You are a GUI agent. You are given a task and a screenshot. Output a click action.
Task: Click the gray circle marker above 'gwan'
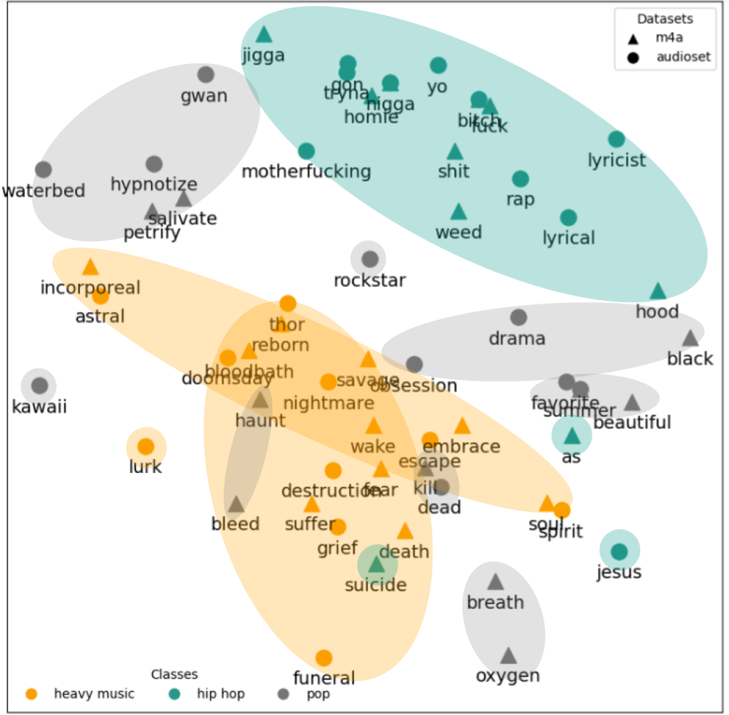(206, 74)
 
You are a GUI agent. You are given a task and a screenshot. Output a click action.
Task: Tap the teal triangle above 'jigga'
(264, 34)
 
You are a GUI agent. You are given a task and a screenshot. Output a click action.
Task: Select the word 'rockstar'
(370, 280)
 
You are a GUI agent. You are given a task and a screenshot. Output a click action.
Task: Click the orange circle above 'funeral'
(324, 658)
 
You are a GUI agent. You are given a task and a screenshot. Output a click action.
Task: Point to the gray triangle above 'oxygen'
(508, 655)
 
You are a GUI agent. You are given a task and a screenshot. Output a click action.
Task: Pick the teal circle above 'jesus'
(619, 552)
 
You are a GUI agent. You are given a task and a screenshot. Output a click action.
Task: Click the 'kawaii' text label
(39, 407)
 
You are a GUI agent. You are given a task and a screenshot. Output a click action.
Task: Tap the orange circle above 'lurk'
(146, 447)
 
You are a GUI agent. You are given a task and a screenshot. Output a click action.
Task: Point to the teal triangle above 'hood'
(658, 291)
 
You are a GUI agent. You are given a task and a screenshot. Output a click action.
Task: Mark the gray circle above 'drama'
(518, 318)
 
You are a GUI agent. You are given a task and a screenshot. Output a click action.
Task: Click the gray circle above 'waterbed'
(44, 170)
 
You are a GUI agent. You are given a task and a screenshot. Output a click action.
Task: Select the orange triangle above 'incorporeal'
(90, 267)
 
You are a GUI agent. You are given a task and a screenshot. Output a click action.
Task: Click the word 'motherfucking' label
(306, 172)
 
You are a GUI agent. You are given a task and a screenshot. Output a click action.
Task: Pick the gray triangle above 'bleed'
(235, 504)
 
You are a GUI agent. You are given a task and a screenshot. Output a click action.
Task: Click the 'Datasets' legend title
(665, 19)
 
